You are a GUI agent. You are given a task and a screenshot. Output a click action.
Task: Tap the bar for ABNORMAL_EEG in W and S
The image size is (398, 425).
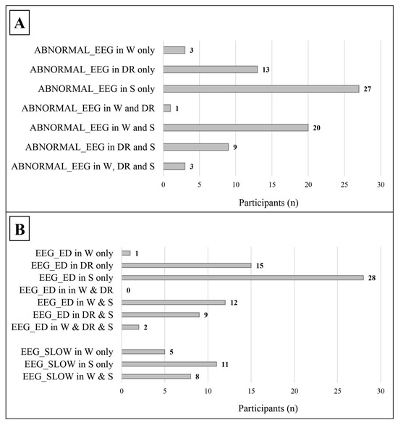(236, 128)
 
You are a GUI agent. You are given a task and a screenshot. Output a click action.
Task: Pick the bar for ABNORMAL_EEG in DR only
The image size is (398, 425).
(211, 70)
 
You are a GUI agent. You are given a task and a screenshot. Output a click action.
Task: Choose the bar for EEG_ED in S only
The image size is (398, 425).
(242, 277)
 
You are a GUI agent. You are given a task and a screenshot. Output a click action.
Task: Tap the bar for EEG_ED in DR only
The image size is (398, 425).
(186, 265)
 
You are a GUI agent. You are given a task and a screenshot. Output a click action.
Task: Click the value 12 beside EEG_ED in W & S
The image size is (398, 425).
(233, 302)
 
